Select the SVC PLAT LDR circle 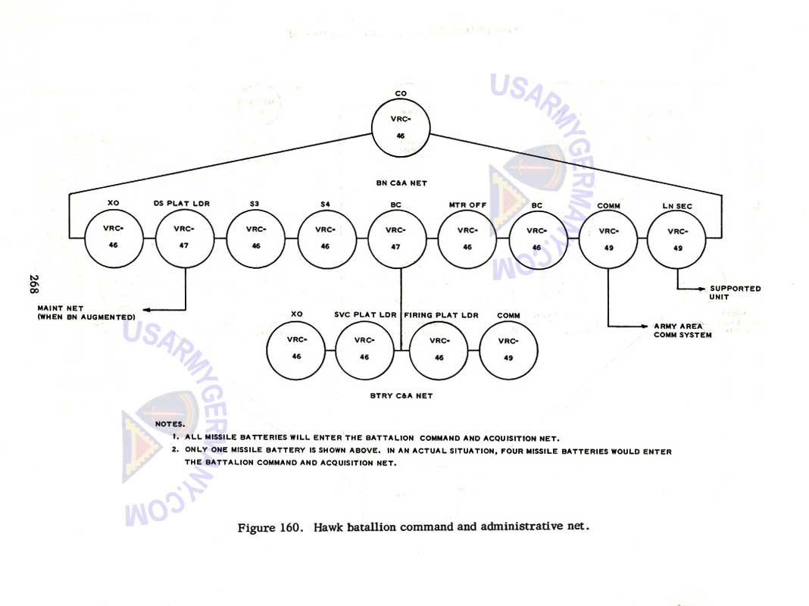tap(364, 349)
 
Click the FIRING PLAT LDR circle tap(439, 349)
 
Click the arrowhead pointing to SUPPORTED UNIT tap(701, 289)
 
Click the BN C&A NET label tap(401, 183)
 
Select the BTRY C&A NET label tap(401, 395)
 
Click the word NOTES tap(170, 424)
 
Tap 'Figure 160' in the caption tap(266, 527)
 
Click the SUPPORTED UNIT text tap(735, 292)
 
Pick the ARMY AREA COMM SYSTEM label tap(682, 330)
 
